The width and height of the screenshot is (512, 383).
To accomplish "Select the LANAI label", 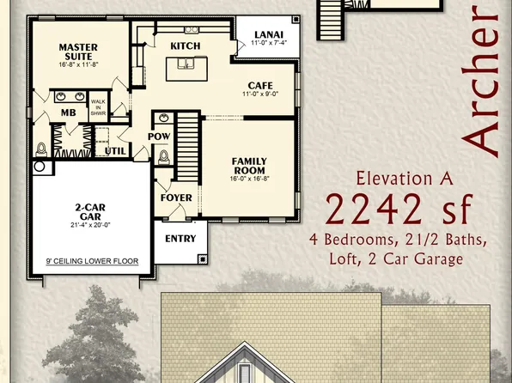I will tap(265, 35).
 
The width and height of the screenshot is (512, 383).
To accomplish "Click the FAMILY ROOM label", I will tap(249, 166).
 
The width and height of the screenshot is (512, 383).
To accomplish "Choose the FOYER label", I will tap(176, 198).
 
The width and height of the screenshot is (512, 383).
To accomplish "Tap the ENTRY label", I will tap(180, 239).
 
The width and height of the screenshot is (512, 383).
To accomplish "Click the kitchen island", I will tap(192, 63).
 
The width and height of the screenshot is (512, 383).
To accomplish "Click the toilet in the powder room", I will tap(164, 157).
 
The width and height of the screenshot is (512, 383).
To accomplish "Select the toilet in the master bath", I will tap(40, 148).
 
